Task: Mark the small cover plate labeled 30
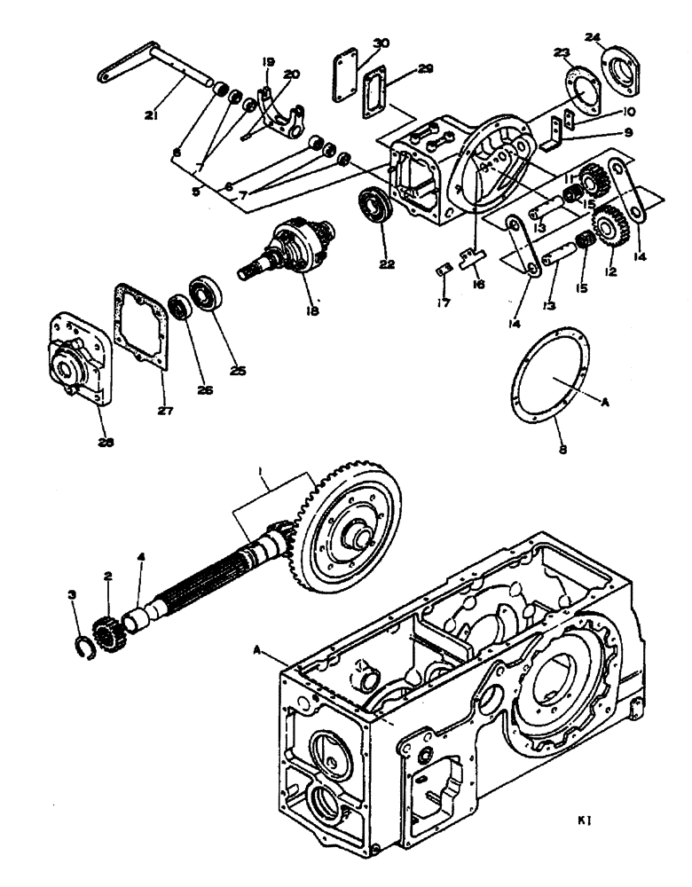[x=345, y=64]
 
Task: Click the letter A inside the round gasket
[x=606, y=401]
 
